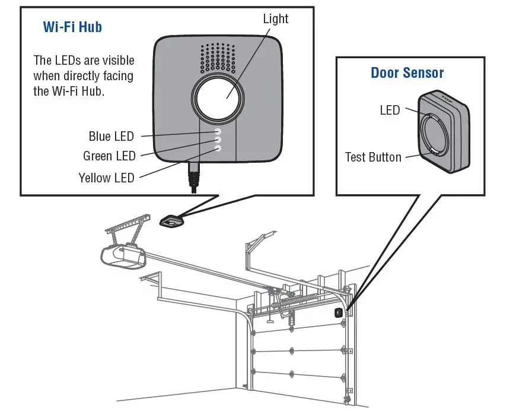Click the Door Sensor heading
click(407, 73)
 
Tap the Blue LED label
click(111, 136)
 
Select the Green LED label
click(109, 156)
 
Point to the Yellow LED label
click(106, 177)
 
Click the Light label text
click(275, 19)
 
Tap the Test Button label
click(373, 157)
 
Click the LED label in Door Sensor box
click(390, 110)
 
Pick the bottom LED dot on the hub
click(218, 149)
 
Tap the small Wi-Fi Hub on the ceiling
click(172, 222)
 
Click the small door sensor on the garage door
click(338, 312)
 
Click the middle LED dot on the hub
click(218, 140)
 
